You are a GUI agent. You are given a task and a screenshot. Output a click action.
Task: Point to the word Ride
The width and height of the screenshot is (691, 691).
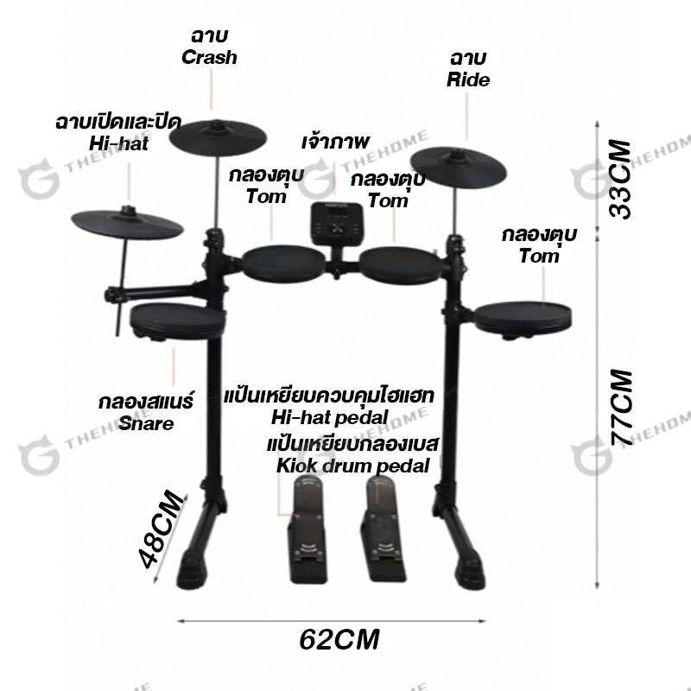(x=467, y=80)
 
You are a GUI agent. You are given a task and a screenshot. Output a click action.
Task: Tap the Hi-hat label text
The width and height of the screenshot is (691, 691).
(x=117, y=143)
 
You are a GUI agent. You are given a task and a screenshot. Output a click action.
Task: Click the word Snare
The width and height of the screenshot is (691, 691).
(x=147, y=423)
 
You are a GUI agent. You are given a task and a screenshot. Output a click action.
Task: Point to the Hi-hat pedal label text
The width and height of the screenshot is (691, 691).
(x=329, y=417)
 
